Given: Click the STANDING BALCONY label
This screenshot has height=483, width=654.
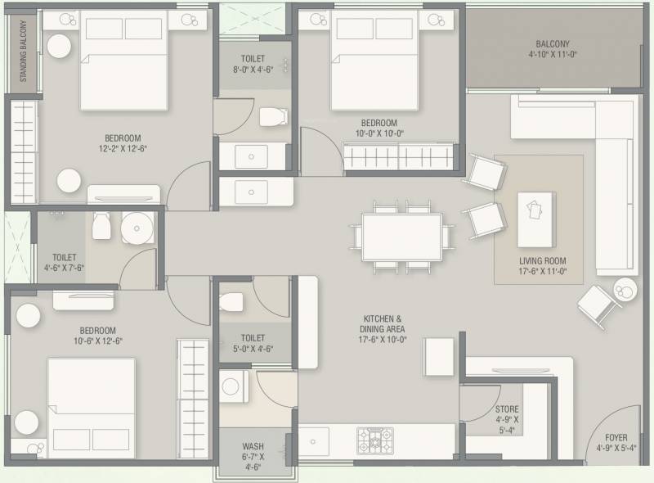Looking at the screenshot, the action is tap(23, 51).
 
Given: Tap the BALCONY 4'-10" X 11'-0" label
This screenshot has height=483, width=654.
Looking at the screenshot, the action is tap(553, 49).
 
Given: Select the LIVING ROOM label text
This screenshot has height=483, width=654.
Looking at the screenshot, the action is tap(543, 260).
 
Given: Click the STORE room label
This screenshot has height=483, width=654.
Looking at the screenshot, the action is tap(507, 409).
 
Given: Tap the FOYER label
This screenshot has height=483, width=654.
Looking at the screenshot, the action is tap(616, 437).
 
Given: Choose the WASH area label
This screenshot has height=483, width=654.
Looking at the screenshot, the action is tap(253, 446).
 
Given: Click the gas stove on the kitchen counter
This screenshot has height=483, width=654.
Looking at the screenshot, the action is tap(375, 440).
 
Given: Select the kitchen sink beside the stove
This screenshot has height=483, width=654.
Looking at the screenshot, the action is tap(313, 441).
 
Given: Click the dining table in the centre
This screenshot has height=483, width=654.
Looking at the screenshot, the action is tap(402, 237).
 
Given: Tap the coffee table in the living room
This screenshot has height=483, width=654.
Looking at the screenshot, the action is tap(536, 219).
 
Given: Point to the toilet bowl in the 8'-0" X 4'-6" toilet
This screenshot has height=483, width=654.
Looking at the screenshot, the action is tap(274, 116).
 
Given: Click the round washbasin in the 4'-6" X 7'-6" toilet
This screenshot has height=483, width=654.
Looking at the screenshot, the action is tap(137, 228).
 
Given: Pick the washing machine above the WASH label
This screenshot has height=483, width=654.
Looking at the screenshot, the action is tap(234, 386).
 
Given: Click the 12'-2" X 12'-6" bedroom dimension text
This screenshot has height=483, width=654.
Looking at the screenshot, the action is tap(123, 148).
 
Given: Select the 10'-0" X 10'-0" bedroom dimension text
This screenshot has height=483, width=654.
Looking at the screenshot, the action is tap(379, 133).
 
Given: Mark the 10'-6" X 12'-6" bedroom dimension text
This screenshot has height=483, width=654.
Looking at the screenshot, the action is tap(98, 341).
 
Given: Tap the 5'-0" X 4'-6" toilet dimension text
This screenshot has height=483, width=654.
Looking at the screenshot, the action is tap(253, 349).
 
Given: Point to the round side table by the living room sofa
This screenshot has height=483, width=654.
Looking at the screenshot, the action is tap(625, 290).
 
